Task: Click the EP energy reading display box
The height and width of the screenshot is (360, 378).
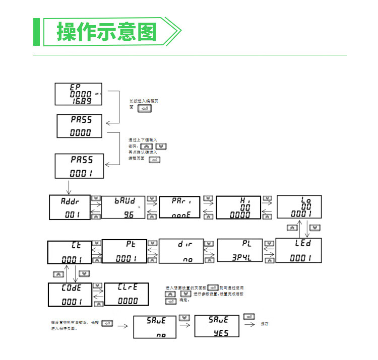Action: point(78,94)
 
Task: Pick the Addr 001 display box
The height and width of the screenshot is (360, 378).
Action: point(70,206)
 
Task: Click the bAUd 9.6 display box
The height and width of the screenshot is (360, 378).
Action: point(123,206)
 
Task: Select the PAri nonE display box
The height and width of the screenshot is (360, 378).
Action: point(180,206)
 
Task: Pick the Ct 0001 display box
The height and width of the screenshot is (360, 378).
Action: point(70,252)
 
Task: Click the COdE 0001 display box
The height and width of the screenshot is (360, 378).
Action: point(70,295)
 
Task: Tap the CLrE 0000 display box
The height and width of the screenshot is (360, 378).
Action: point(127,295)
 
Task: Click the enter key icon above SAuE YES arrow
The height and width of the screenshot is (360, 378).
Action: point(248,317)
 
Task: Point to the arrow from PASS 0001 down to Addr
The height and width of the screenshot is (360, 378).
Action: point(68,186)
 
